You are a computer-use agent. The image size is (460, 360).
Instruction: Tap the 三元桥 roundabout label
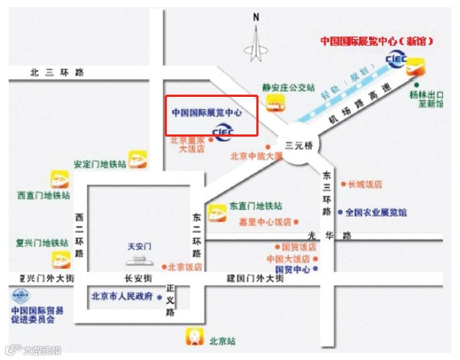coord(299,145)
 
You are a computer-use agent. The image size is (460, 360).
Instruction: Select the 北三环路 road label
coord(57,72)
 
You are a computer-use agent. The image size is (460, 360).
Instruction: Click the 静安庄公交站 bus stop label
coord(288,87)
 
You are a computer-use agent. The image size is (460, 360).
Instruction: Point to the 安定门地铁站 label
coord(100,164)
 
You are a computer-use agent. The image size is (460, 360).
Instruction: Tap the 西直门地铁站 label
coord(44,195)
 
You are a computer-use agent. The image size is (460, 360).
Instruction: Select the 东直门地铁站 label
coord(256,206)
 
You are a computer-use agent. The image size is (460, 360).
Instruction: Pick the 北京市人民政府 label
coord(122,296)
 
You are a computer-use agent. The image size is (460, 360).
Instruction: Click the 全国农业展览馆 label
coord(376,213)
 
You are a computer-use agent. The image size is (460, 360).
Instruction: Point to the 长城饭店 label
coord(365,184)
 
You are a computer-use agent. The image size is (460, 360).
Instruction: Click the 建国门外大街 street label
coord(253,278)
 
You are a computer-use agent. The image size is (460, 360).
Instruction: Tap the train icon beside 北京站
coord(194,335)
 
